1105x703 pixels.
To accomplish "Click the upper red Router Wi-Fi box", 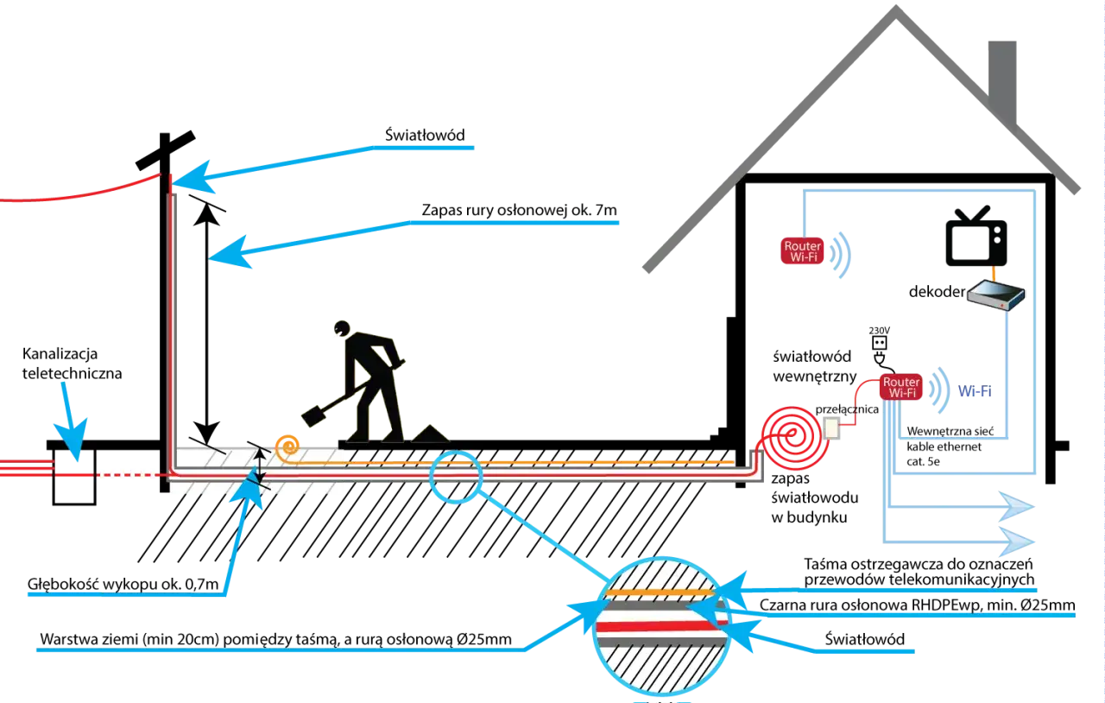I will (802, 251).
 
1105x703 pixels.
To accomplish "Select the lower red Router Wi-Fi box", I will (901, 387).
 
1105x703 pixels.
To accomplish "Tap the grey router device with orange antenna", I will (994, 294).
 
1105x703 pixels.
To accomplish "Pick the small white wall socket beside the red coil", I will (831, 427).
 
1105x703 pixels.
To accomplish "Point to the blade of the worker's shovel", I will (313, 415).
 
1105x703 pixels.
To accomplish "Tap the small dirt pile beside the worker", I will (429, 433).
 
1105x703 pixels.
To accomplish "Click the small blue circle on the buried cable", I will (455, 476).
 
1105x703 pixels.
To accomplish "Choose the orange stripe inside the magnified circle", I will (660, 592).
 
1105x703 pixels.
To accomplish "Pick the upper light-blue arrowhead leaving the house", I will (1016, 507).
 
